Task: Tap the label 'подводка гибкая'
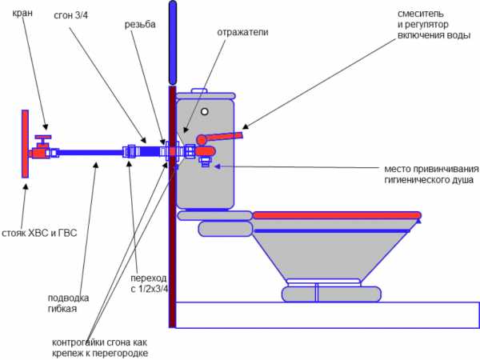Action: (x=68, y=303)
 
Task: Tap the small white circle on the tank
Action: (x=205, y=111)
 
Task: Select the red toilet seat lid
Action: (x=336, y=214)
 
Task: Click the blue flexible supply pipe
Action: (x=88, y=151)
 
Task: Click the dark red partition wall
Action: (x=172, y=240)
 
